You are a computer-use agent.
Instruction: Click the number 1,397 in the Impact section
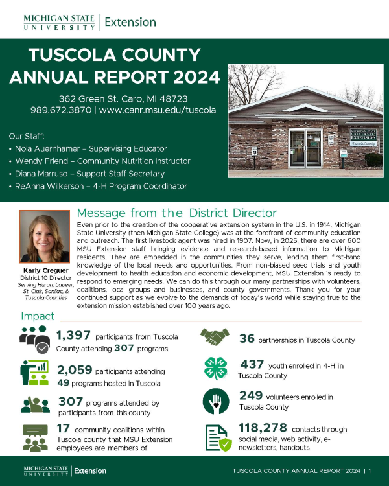tap(73, 335)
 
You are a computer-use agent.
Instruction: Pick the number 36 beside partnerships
tap(247, 339)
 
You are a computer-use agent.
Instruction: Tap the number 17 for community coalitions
tap(63, 428)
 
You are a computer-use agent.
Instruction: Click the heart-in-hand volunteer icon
tap(215, 400)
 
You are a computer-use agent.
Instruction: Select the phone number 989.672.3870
tap(61, 110)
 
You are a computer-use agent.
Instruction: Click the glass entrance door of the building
tap(303, 148)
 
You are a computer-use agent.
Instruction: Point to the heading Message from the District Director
tap(176, 213)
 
